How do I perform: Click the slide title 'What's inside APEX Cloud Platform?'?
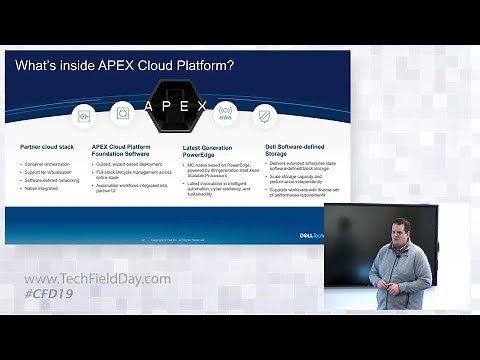click(125, 66)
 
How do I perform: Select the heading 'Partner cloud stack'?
click(46, 147)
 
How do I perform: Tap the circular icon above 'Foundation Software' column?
click(123, 113)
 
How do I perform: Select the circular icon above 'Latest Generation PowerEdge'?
click(225, 113)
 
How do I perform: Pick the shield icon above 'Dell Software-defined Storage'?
click(264, 115)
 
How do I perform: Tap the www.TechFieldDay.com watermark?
click(97, 279)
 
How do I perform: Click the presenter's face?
click(399, 232)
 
